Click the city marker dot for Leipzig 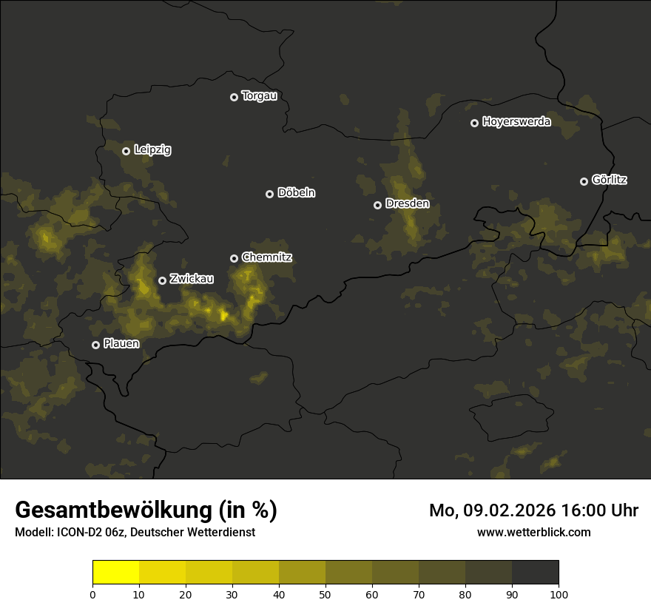click(x=126, y=151)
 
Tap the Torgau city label click(x=259, y=96)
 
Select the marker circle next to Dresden click(x=377, y=205)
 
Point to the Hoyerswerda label click(x=516, y=122)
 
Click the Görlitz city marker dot click(x=584, y=181)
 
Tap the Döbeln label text click(x=296, y=193)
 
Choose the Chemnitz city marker click(x=234, y=258)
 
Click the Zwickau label click(x=192, y=279)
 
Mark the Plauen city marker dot click(x=95, y=345)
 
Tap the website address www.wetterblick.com click(x=534, y=532)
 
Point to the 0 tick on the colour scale click(x=92, y=594)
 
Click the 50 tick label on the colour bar click(x=325, y=594)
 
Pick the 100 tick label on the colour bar click(x=559, y=594)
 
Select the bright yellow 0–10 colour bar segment click(x=115, y=573)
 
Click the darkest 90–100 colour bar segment click(x=535, y=573)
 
